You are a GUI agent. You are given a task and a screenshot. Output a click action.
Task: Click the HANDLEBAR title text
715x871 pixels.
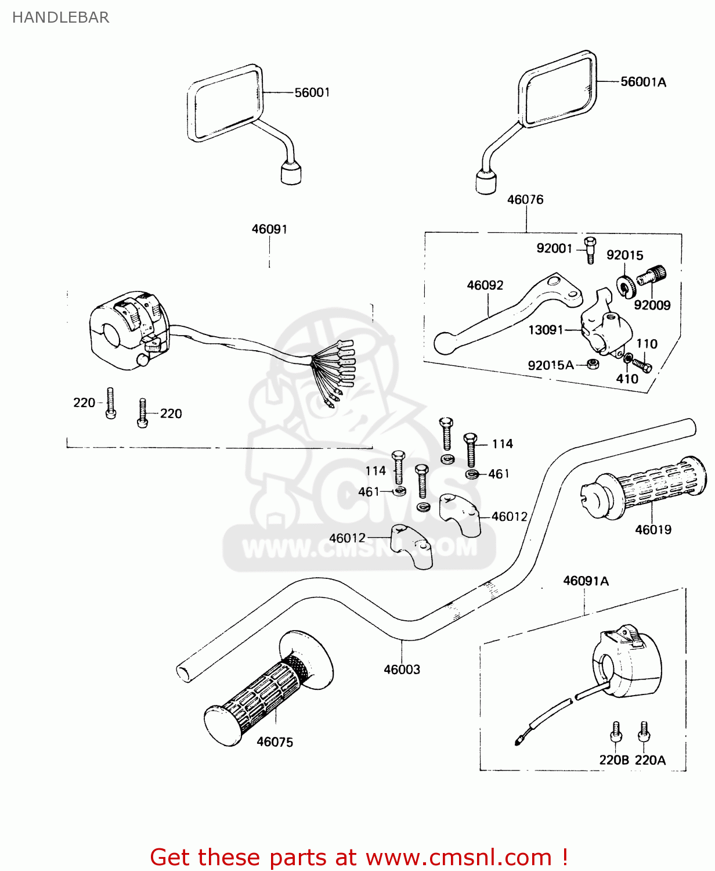pos(60,17)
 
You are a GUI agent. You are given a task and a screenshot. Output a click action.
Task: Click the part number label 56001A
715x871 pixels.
pos(643,82)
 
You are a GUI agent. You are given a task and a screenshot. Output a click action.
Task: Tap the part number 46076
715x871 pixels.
pos(525,200)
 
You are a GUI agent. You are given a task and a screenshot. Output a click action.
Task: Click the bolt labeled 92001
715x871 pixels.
pos(590,250)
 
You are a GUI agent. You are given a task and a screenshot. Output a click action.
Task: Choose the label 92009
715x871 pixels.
pos(652,305)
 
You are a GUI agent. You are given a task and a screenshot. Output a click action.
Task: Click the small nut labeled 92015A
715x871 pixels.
pos(593,364)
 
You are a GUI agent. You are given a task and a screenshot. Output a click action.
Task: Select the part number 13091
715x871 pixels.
pos(546,330)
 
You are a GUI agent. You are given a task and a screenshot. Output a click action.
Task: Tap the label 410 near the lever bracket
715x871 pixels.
pos(627,379)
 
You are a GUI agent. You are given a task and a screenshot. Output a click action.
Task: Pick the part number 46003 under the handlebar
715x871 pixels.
pos(402,670)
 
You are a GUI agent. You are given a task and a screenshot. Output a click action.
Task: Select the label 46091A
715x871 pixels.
pos(586,581)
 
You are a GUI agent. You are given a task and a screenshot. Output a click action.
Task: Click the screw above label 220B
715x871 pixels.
pos(616,733)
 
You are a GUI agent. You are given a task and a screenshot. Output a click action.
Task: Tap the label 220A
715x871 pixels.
pos(650,760)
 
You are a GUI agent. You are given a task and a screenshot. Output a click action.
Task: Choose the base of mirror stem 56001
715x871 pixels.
pos(291,174)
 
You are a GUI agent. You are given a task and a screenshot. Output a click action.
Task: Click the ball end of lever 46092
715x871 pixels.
pos(446,343)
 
